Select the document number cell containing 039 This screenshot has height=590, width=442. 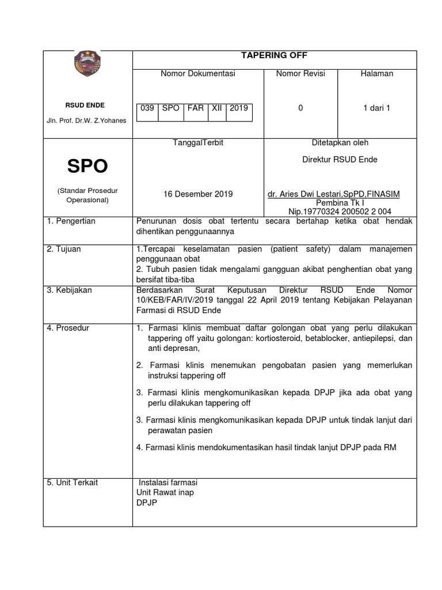click(x=147, y=108)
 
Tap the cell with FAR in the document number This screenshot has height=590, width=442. click(x=195, y=108)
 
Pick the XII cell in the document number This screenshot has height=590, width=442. click(x=217, y=108)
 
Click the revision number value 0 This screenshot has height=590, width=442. click(x=300, y=108)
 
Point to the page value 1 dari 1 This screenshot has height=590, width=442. click(x=376, y=108)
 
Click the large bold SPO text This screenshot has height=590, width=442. click(x=87, y=166)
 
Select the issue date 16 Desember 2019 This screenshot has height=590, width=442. click(x=198, y=194)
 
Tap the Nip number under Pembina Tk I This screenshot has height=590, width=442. click(x=336, y=211)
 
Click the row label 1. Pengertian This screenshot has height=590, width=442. click(x=71, y=221)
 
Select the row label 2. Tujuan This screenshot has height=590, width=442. click(x=64, y=249)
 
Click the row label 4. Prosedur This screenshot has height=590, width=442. click(x=68, y=328)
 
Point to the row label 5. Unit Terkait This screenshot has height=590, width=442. click(x=73, y=482)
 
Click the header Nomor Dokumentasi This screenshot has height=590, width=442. click(x=198, y=74)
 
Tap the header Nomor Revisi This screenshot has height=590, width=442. click(x=300, y=74)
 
